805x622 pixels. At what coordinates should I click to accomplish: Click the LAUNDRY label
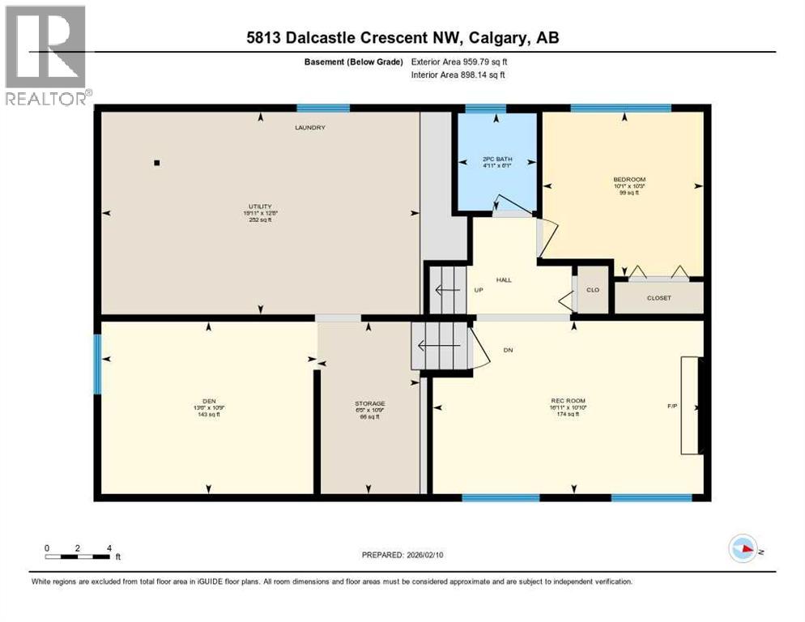point(310,128)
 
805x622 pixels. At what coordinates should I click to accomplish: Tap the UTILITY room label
point(260,207)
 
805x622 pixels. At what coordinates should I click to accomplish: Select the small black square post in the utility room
point(157,163)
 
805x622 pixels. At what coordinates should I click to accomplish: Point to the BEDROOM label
point(629,179)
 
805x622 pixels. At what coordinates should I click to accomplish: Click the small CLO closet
point(593,289)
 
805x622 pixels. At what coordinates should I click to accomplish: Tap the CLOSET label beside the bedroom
point(658,298)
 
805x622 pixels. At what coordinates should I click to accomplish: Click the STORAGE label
point(369,403)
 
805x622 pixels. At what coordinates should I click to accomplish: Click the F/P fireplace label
point(671,406)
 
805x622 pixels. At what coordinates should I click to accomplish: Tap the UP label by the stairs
point(479,290)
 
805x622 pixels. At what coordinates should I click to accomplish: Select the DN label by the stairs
point(508,350)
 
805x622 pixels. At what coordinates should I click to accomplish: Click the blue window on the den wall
point(97,364)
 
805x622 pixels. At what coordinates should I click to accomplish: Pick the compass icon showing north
point(743,548)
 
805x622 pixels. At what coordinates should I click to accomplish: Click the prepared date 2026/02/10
point(402,555)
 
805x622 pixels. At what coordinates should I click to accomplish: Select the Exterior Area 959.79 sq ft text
point(459,62)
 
